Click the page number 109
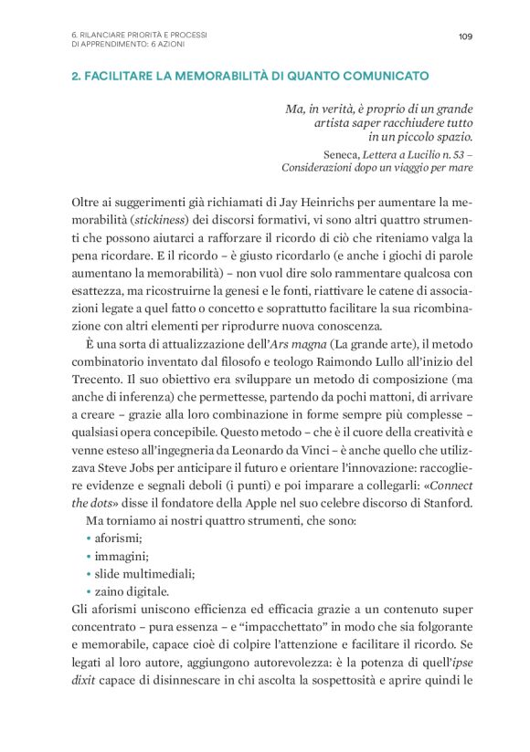[x=465, y=37]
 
